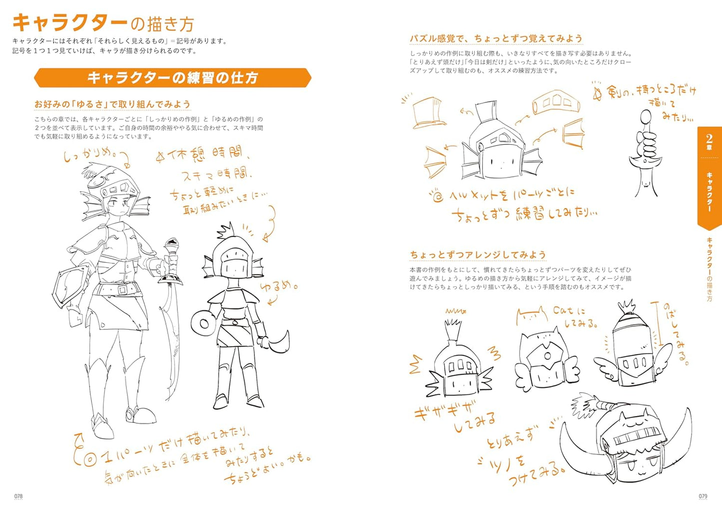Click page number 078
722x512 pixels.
18,496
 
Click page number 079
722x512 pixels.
703,496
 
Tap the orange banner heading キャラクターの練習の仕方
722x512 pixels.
172,78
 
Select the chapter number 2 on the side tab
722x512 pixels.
709,139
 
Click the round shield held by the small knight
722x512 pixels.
203,324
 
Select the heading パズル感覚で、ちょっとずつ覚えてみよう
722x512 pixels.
496,38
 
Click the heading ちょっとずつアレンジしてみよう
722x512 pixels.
478,255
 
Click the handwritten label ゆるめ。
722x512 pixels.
278,287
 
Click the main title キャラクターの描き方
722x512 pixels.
103,23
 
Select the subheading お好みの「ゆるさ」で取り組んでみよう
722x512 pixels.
112,104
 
